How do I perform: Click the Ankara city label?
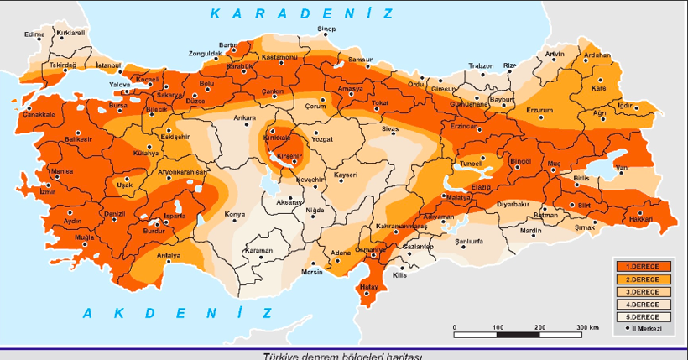point(244,117)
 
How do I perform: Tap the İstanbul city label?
point(109,65)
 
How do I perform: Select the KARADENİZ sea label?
point(301,13)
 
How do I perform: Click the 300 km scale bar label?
point(587,326)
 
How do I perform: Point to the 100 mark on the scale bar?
point(497,326)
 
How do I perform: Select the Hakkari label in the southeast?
point(641,219)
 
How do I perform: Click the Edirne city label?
point(34,34)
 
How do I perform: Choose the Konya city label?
point(235,214)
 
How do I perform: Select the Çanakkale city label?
point(38,114)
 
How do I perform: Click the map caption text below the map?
point(343,355)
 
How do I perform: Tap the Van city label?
point(622,168)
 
